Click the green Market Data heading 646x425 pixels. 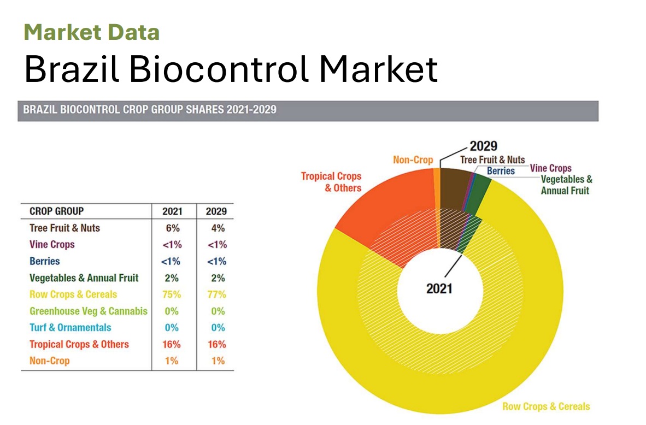(92, 32)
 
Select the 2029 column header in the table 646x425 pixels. (215, 211)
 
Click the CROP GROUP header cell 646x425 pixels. (56, 211)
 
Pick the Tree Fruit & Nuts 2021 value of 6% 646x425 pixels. (172, 228)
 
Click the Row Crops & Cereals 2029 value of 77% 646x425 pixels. (216, 294)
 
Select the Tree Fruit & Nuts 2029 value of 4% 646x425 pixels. (216, 228)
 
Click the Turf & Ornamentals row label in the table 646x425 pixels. (70, 328)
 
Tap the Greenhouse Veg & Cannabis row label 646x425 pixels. (89, 311)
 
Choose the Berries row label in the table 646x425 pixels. (45, 261)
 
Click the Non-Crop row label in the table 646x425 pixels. (50, 361)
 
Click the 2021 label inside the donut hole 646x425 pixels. (439, 287)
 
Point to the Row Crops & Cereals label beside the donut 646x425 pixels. (546, 406)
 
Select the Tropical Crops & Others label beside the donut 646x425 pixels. (331, 182)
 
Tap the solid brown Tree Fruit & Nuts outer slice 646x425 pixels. (453, 188)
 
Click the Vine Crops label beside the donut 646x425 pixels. (551, 168)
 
